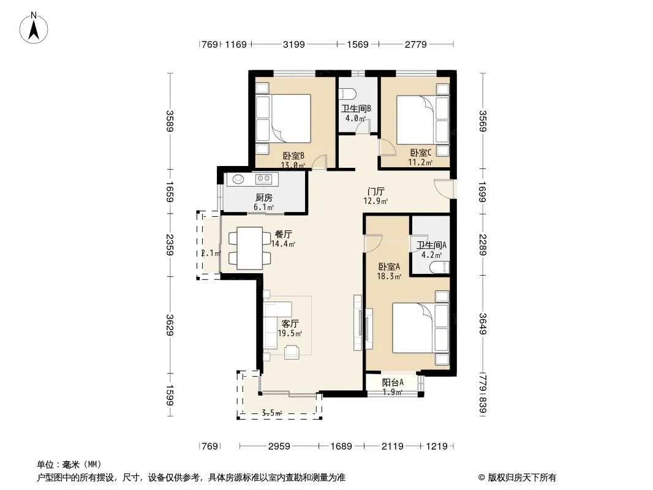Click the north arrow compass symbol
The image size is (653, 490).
(x=34, y=28)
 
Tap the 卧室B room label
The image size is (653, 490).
(x=293, y=156)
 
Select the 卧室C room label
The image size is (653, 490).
(x=421, y=153)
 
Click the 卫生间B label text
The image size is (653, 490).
(x=356, y=108)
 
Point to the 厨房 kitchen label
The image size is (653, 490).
(x=263, y=197)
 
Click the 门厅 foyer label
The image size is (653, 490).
(x=376, y=192)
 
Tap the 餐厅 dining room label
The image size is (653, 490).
(x=283, y=235)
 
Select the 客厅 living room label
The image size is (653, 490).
(x=290, y=323)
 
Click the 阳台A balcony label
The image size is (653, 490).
(x=393, y=382)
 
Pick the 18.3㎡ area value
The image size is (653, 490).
(x=389, y=276)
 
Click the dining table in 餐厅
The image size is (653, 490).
(x=250, y=248)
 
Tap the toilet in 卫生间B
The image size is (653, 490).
(x=347, y=94)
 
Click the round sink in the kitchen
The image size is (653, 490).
(x=238, y=179)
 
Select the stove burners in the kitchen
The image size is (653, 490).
(x=264, y=179)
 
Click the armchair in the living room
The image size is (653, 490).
(x=292, y=352)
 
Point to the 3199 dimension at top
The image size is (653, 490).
(x=294, y=44)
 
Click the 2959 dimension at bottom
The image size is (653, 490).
(x=279, y=447)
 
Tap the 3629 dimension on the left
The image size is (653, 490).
(x=170, y=325)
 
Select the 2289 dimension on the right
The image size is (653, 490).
(x=483, y=245)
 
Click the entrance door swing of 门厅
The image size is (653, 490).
(x=444, y=188)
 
